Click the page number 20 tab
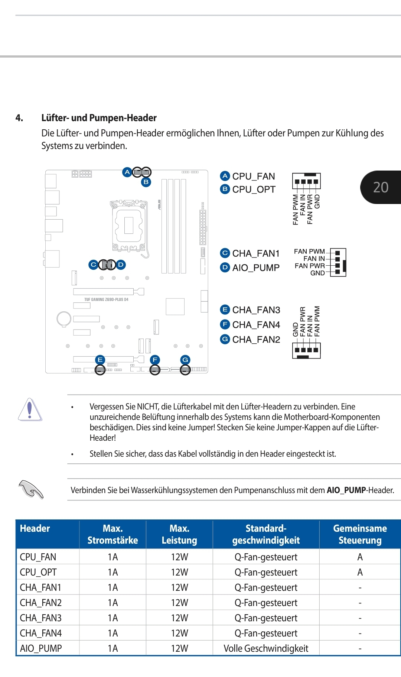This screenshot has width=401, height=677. pyautogui.click(x=381, y=187)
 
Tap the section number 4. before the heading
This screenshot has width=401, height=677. pyautogui.click(x=19, y=118)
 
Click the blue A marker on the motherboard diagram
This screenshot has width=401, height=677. pyautogui.click(x=127, y=172)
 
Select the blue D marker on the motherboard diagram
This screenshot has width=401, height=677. pyautogui.click(x=121, y=265)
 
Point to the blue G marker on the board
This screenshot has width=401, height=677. pyautogui.click(x=185, y=360)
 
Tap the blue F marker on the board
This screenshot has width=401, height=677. pyautogui.click(x=155, y=360)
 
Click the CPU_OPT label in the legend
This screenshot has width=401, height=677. pyautogui.click(x=254, y=190)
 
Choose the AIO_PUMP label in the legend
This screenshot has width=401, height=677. pyautogui.click(x=256, y=268)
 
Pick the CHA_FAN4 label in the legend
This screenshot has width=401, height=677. pyautogui.click(x=256, y=325)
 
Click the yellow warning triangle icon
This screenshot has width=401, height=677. pyautogui.click(x=30, y=409)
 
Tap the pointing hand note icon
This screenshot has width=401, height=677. pyautogui.click(x=31, y=489)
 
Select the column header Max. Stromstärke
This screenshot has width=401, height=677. pyautogui.click(x=113, y=534)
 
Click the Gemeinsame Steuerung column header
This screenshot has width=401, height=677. pyautogui.click(x=360, y=534)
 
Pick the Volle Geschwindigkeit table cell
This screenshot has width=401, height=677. pyautogui.click(x=266, y=648)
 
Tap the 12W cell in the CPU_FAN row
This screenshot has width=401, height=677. pyautogui.click(x=179, y=557)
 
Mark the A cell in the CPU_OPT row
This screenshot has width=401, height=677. pyautogui.click(x=360, y=572)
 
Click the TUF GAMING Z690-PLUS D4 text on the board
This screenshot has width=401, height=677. pyautogui.click(x=106, y=299)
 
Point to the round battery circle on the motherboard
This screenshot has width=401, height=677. pyautogui.click(x=64, y=318)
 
